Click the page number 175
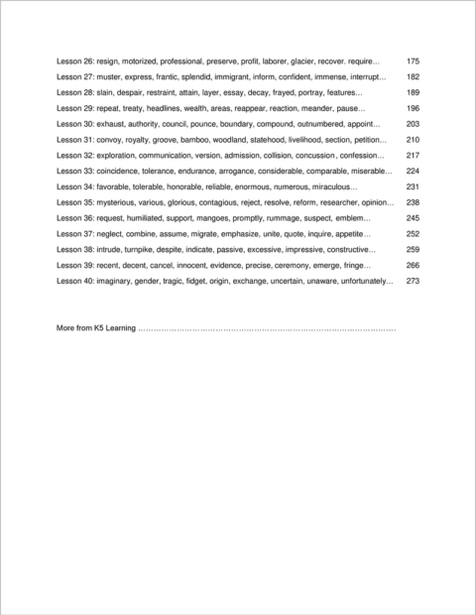(x=413, y=61)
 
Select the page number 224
(x=413, y=171)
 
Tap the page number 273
(x=413, y=281)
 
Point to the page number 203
(x=413, y=124)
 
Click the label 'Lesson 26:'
(x=75, y=61)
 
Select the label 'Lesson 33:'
(x=75, y=171)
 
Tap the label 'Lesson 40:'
(x=75, y=281)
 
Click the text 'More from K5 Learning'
(x=96, y=327)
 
